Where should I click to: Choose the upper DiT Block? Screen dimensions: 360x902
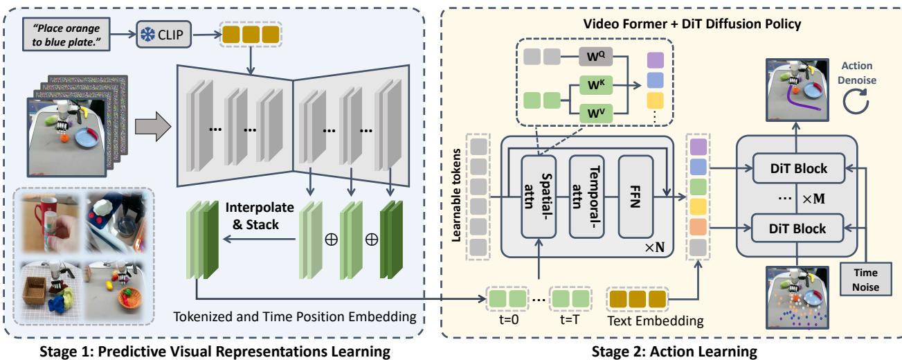pyautogui.click(x=797, y=167)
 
